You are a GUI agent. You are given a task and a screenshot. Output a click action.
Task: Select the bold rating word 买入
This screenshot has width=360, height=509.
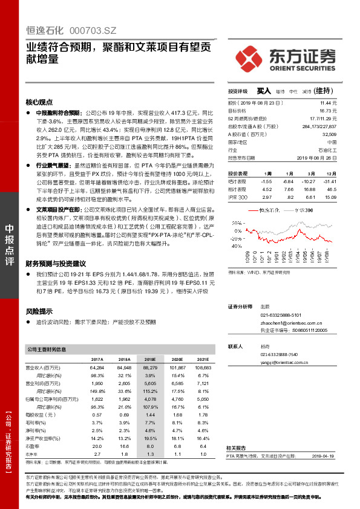[263, 91]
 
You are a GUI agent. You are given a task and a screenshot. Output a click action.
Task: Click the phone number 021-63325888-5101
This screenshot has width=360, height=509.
[281, 315]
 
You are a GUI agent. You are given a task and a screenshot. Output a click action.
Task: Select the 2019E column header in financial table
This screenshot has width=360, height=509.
[149, 359]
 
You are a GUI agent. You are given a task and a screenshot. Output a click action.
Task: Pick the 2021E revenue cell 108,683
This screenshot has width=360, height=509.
[204, 367]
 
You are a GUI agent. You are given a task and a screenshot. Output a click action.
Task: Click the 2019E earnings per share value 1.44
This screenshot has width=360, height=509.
[151, 415]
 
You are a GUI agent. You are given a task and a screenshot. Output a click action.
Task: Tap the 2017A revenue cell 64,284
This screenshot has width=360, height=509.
[97, 367]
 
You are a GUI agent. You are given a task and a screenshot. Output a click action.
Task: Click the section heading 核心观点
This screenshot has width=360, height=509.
[39, 102]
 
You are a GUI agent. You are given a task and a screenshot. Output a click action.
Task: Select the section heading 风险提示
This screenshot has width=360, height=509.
[39, 311]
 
